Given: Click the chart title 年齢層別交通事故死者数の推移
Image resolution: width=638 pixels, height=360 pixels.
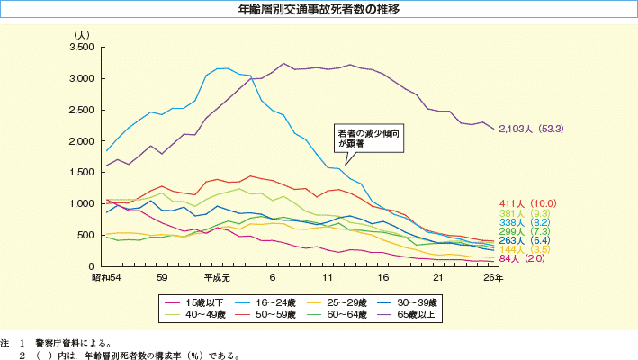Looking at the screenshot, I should [319, 11].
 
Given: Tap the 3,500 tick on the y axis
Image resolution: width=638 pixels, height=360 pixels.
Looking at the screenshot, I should [82, 48].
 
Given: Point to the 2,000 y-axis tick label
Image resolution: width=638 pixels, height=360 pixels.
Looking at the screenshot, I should [82, 142].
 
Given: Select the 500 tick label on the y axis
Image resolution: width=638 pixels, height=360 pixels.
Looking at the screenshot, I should [86, 236].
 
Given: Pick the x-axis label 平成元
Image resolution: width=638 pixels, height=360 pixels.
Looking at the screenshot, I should [216, 277].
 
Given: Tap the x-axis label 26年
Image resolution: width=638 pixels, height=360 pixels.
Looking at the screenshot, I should [493, 277].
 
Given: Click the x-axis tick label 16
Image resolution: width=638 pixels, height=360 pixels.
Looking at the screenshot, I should [382, 277].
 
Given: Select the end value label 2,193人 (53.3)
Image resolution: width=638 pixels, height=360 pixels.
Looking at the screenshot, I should [531, 129].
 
